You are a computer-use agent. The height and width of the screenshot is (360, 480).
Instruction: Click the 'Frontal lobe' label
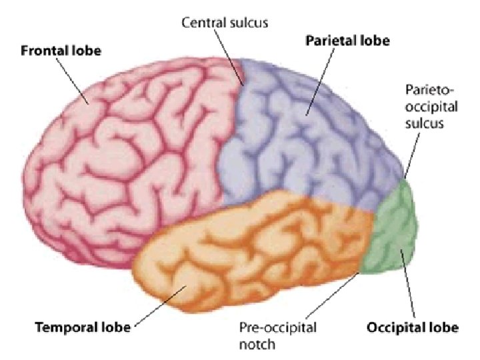[61, 50]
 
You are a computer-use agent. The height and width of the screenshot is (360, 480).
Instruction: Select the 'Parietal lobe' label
[347, 40]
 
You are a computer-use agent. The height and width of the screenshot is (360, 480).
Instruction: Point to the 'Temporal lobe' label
[73, 327]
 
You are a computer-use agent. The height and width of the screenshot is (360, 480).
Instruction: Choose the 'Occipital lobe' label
[412, 327]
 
